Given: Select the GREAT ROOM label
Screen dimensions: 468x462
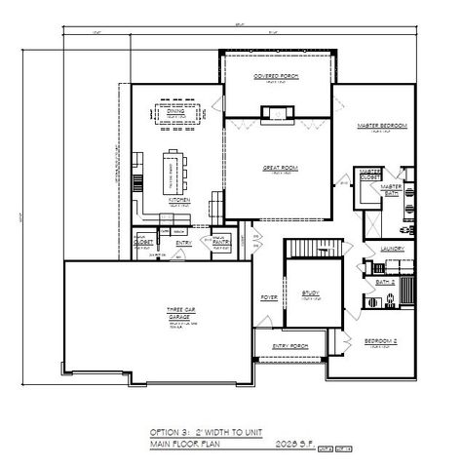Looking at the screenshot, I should click(278, 168).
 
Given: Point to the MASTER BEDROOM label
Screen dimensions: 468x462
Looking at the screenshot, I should click(381, 126).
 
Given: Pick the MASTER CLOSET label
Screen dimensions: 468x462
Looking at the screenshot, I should click(370, 175).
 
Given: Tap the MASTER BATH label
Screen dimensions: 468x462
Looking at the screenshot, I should click(392, 187).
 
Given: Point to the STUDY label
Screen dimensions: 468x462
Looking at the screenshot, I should click(311, 292).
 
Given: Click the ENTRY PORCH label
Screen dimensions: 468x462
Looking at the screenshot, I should click(291, 345).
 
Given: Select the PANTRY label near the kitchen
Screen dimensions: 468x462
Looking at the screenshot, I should click(221, 240).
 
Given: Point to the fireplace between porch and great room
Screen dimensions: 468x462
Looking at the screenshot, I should click(278, 109).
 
